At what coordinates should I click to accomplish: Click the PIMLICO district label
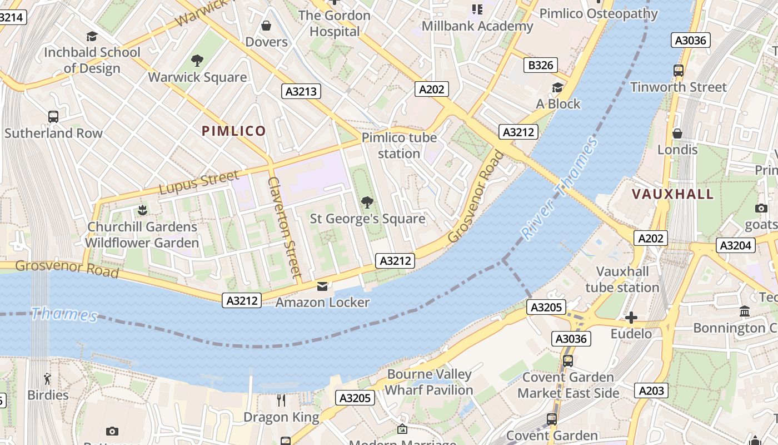click(x=233, y=131)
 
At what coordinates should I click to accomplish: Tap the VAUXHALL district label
click(x=672, y=194)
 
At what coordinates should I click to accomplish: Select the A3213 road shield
click(x=301, y=91)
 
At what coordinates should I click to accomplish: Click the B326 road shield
click(x=540, y=65)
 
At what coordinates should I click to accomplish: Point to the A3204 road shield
click(x=735, y=245)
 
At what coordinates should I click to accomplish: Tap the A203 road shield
click(x=651, y=390)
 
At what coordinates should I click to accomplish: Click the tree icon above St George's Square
click(x=367, y=202)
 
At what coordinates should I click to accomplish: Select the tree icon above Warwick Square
click(x=197, y=61)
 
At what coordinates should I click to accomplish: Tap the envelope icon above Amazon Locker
click(x=322, y=286)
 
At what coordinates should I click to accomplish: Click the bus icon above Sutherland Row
click(x=53, y=117)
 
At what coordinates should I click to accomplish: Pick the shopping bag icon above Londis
click(x=677, y=133)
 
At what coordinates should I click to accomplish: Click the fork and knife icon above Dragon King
click(x=281, y=400)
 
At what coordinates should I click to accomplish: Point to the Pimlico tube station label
click(x=399, y=145)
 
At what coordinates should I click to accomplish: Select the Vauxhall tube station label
click(x=622, y=279)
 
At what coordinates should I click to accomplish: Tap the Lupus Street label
click(x=199, y=183)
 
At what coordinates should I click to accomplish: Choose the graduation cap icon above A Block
click(x=557, y=87)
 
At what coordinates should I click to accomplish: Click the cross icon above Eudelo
click(x=631, y=318)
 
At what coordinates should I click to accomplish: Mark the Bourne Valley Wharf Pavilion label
click(x=429, y=382)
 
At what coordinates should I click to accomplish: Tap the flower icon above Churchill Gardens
click(x=142, y=210)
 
